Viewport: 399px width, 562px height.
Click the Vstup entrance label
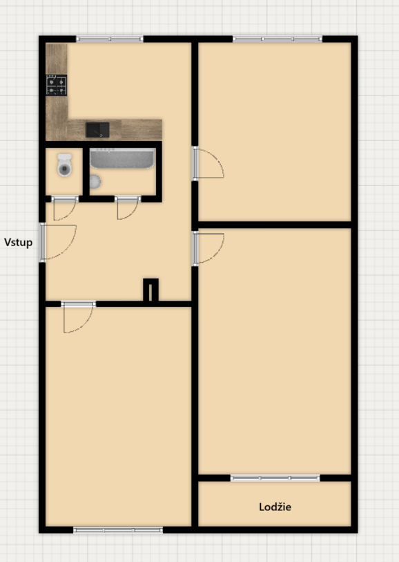point(19,242)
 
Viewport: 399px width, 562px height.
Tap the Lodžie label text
point(275,507)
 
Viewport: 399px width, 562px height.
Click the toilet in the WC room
point(64,165)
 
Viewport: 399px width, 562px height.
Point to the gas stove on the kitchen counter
point(57,85)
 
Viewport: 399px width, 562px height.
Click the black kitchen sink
point(97,129)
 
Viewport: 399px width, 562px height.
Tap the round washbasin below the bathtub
point(95,181)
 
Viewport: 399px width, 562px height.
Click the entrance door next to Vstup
point(44,242)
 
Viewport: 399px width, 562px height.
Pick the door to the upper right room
point(196,163)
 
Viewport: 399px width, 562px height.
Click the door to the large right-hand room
point(196,249)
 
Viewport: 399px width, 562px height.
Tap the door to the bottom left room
point(78,305)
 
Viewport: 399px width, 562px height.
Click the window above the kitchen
point(109,39)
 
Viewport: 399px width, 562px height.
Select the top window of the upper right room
point(277,39)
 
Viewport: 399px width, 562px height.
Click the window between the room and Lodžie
point(275,478)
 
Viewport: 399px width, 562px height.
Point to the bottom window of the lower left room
point(118,530)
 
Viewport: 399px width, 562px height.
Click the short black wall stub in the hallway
point(150,290)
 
